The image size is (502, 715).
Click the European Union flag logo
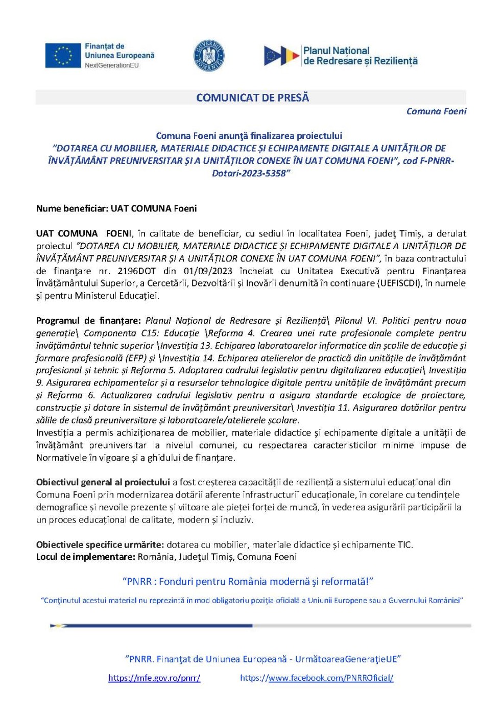[x=63, y=56]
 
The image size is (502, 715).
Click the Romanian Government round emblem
[x=209, y=55]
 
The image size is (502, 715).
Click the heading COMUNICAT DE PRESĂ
[x=252, y=98]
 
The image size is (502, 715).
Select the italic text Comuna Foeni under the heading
[x=436, y=111]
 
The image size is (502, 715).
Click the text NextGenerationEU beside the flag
[x=112, y=65]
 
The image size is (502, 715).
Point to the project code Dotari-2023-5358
[x=251, y=173]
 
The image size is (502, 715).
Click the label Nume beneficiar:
[x=72, y=208]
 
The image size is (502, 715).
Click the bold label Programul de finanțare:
[x=88, y=321]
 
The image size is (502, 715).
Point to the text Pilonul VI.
[x=355, y=321]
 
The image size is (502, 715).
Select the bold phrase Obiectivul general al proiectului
[x=103, y=482]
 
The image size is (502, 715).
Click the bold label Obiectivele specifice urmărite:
[x=100, y=544]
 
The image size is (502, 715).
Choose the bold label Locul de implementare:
[x=86, y=557]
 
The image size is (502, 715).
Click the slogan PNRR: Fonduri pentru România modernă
[x=248, y=581]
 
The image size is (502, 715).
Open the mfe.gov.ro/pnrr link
[x=154, y=678]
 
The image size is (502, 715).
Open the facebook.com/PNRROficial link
[x=317, y=678]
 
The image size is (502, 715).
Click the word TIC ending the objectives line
[x=404, y=544]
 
